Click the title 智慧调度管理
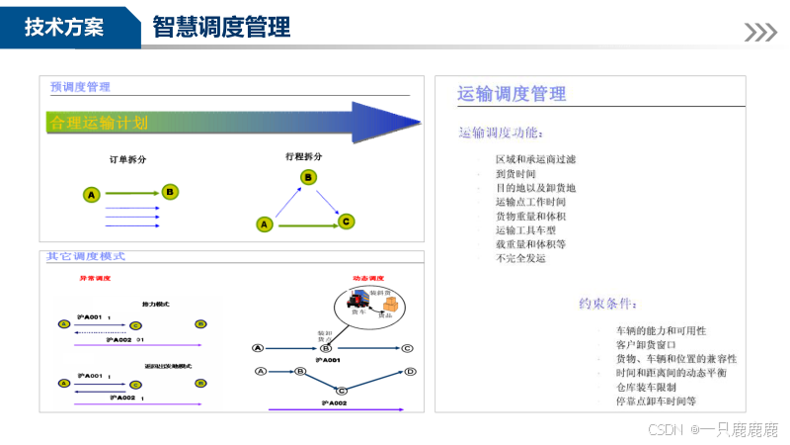[221, 28]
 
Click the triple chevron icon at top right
[760, 33]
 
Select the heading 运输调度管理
[512, 94]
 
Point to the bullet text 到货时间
[515, 173]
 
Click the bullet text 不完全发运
[520, 258]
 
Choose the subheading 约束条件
[607, 303]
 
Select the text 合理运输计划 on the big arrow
[99, 124]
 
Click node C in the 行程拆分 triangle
[346, 222]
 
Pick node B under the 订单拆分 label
[170, 192]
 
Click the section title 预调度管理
[80, 87]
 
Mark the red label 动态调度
[368, 278]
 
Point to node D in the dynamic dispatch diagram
[410, 372]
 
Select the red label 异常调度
[95, 278]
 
